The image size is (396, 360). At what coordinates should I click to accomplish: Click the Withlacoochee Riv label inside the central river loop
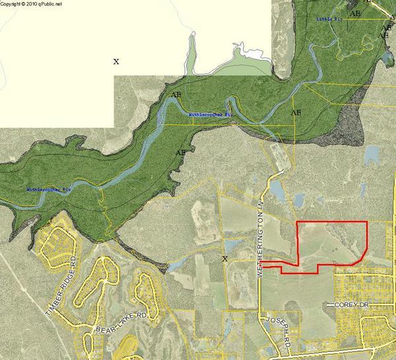(x=211, y=114)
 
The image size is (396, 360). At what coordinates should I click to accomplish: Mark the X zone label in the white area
(x=116, y=61)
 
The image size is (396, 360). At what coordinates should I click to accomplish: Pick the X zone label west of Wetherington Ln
(x=225, y=259)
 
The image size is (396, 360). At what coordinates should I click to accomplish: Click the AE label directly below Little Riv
(x=355, y=13)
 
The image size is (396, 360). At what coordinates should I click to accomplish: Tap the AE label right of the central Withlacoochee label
(x=296, y=113)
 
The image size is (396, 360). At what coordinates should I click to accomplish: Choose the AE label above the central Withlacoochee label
(x=176, y=95)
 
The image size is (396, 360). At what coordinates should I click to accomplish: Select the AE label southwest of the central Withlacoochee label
(x=180, y=153)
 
